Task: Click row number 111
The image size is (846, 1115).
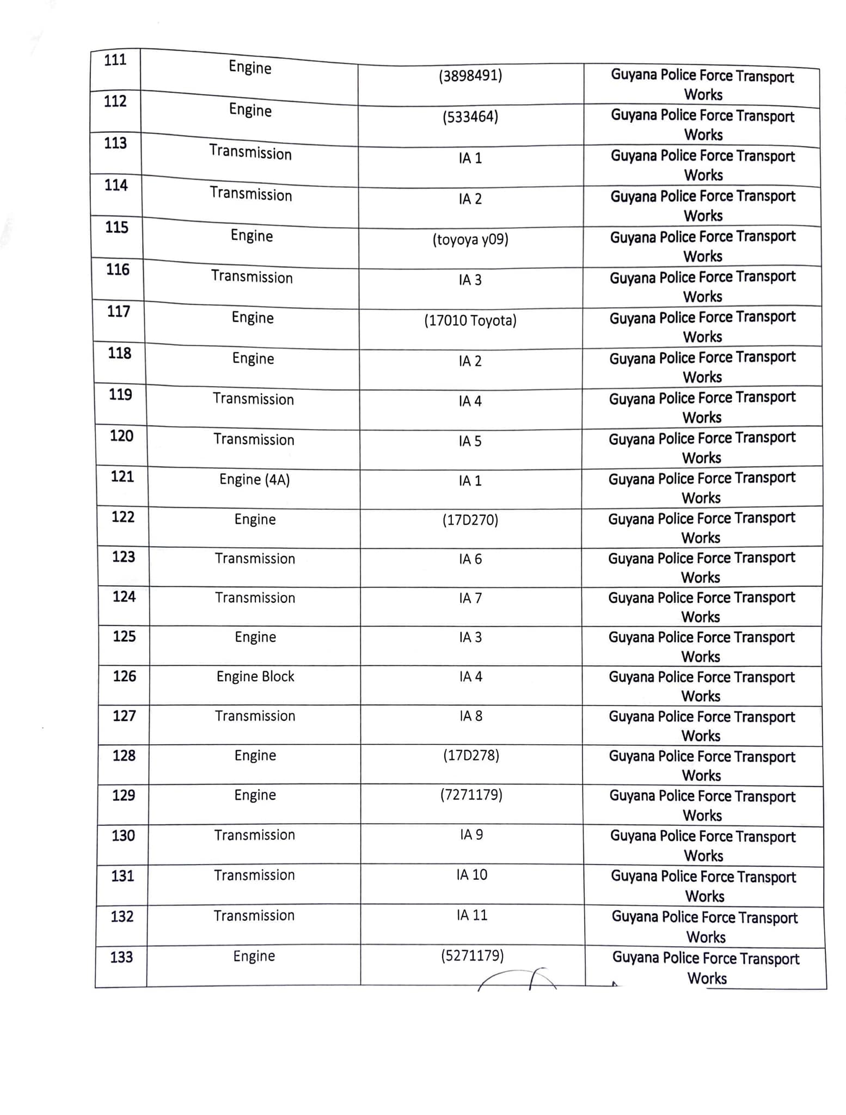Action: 115,60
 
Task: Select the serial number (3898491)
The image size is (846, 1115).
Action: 470,75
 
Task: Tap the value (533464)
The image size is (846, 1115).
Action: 470,117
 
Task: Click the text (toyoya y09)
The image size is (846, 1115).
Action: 470,240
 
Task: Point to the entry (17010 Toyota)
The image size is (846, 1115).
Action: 470,320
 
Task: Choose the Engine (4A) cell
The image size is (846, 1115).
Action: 254,480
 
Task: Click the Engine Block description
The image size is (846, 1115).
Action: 255,677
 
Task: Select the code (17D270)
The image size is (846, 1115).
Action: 470,520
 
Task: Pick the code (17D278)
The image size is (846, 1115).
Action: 471,756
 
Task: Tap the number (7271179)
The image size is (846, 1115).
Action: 471,795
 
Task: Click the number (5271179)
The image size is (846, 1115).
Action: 473,955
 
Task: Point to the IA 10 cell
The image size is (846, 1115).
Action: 472,875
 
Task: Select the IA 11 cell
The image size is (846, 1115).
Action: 472,915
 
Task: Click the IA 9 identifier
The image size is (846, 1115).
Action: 471,835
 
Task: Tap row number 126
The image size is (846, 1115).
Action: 124,676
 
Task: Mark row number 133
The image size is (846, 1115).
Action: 121,957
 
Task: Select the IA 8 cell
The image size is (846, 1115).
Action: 471,716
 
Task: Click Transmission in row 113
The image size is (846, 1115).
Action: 250,152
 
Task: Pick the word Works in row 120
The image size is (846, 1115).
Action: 701,458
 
